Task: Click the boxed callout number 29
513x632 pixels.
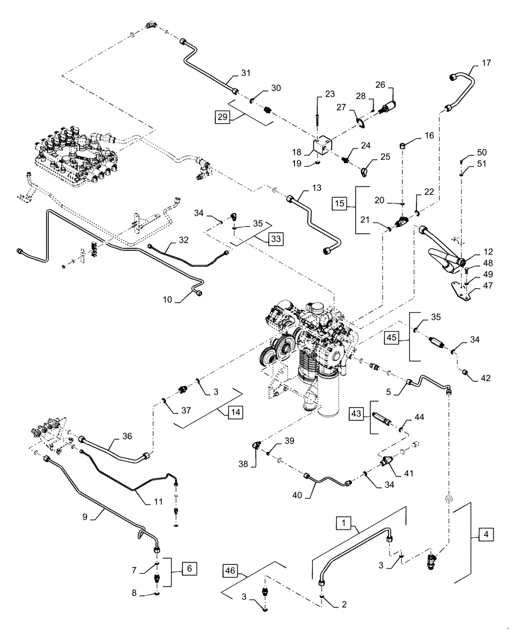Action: (220, 118)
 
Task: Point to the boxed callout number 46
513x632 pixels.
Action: (231, 571)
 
